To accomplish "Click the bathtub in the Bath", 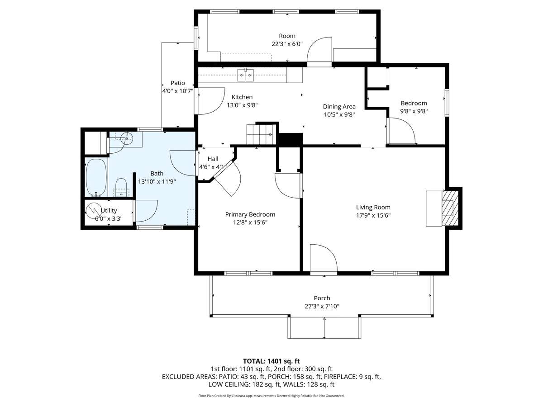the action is point(96,177).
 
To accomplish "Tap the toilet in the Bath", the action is point(121,187).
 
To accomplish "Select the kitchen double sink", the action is point(245,75).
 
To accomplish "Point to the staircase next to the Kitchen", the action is point(261,134).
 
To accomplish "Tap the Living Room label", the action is point(373,207).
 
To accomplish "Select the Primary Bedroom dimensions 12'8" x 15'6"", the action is point(250,222).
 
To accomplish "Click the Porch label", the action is point(322,298).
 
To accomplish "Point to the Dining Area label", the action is point(339,107).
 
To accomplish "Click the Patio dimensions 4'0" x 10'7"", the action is point(178,91).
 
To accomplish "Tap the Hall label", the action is point(213,159).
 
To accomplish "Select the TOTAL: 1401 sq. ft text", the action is point(271,361).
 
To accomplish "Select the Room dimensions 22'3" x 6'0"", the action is point(287,44).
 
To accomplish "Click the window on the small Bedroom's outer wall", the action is point(447,103).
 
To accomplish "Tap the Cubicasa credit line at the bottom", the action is point(271,396).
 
